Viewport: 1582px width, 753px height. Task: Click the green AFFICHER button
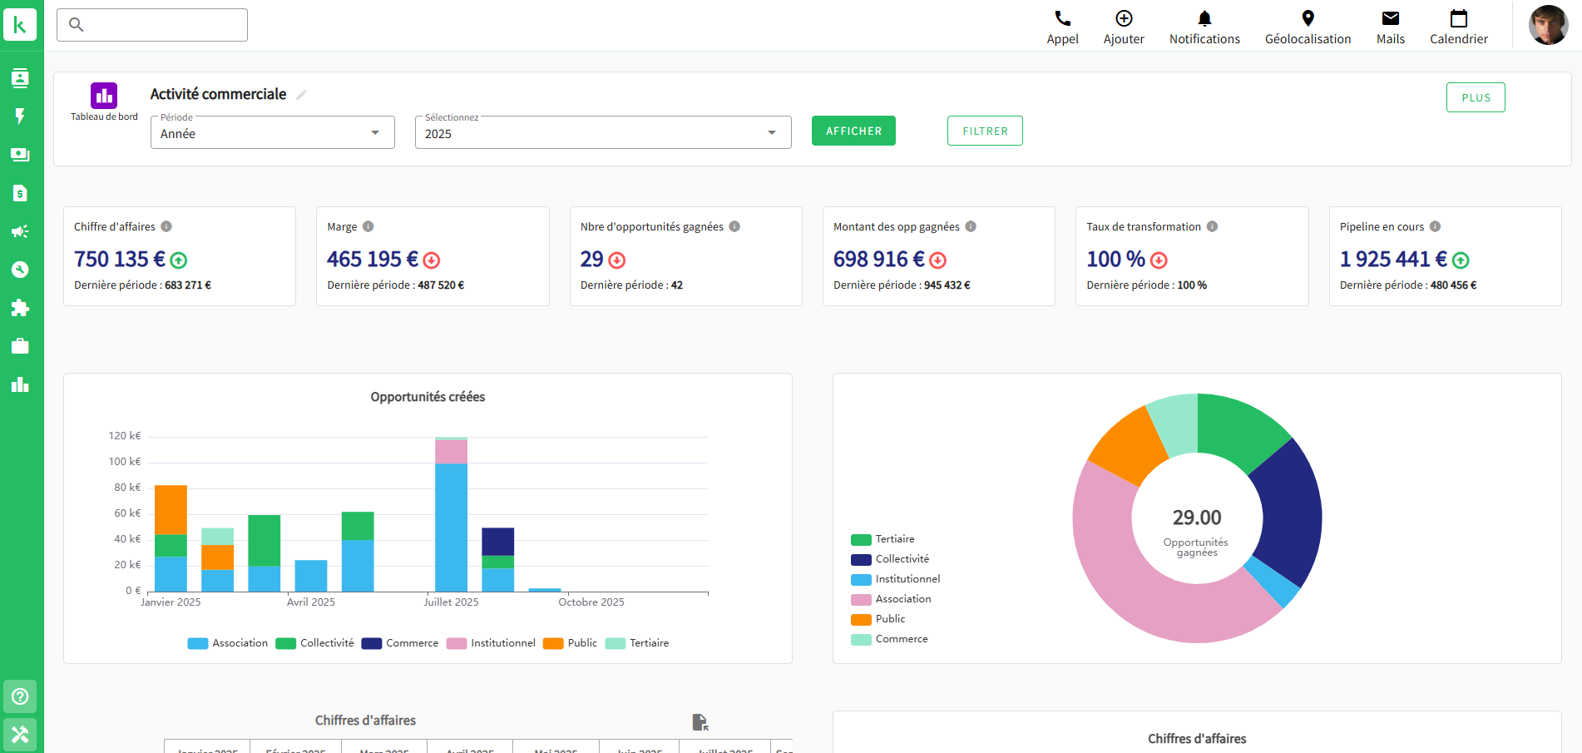853,131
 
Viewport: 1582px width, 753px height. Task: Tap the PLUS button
1476,97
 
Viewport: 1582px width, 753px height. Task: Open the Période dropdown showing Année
272,133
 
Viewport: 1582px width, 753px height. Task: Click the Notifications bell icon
1204,19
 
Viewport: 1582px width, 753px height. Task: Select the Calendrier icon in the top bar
1458,19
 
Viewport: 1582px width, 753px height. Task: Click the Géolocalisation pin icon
1308,19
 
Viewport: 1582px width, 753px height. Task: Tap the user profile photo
1548,25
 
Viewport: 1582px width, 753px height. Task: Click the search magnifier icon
77,25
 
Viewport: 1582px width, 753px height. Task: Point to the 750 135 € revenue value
120,260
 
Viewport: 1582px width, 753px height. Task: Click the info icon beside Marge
368,226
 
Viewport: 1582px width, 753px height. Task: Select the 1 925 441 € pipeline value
1393,260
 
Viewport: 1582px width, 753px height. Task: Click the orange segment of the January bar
171,509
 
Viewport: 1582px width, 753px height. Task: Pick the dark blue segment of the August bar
497,541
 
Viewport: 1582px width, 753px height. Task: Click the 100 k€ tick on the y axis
125,462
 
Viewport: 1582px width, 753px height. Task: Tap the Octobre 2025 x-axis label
591,602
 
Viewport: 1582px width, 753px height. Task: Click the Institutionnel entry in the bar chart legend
502,643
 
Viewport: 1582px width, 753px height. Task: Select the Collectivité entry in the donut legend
902,559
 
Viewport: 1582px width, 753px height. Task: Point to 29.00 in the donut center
1197,518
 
